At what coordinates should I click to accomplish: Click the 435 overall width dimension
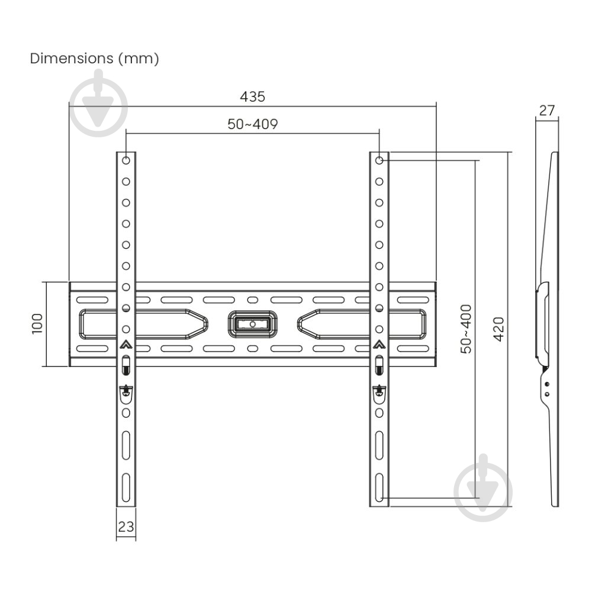[x=253, y=96]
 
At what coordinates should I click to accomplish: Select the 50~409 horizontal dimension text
[x=253, y=124]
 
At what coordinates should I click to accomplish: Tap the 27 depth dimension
[x=547, y=110]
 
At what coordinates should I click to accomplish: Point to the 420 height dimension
[x=498, y=329]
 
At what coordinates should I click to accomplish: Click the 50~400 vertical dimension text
[x=466, y=329]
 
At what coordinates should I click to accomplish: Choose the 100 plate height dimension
[x=37, y=324]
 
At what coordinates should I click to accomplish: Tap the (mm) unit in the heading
[x=139, y=59]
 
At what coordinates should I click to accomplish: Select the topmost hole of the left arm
[x=126, y=160]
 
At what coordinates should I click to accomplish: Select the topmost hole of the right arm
[x=379, y=160]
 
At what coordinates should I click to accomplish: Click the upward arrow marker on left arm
[x=126, y=345]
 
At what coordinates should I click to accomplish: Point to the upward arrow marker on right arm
[x=379, y=345]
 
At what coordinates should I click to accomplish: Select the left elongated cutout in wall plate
[x=142, y=324]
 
